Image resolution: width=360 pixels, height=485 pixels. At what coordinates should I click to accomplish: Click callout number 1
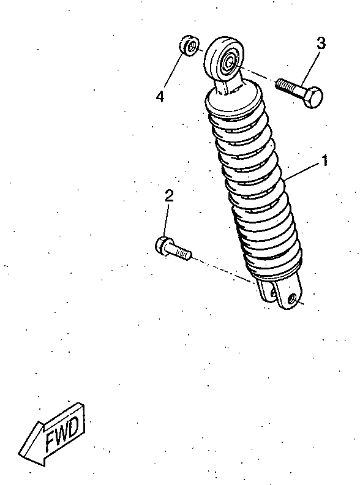point(324,161)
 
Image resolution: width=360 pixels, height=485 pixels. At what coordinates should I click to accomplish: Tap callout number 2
point(169,196)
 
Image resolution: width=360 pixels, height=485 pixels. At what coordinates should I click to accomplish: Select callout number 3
point(321,43)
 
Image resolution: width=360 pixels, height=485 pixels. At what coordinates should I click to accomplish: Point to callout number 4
point(160,97)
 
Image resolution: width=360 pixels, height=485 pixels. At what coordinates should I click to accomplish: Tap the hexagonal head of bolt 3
point(313,97)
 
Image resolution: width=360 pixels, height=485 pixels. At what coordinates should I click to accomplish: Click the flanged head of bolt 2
point(162,246)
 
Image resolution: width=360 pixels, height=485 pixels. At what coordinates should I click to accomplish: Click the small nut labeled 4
point(189,46)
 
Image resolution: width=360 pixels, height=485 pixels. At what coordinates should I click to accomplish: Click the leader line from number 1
point(302,171)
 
